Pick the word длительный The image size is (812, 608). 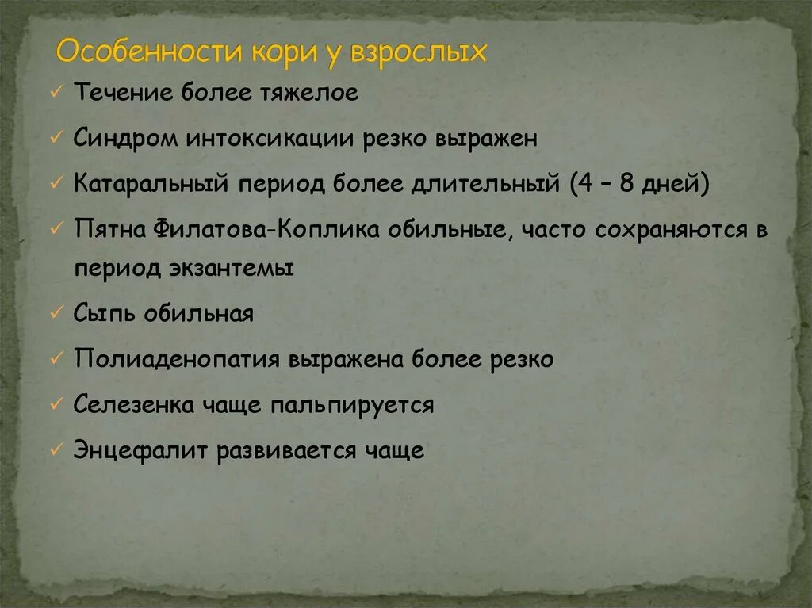pyautogui.click(x=485, y=183)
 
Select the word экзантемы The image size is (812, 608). pyautogui.click(x=232, y=268)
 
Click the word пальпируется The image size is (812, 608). pyautogui.click(x=351, y=405)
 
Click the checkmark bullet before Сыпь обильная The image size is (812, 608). pyautogui.click(x=56, y=314)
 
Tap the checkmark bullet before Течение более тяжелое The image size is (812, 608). pyautogui.click(x=56, y=94)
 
